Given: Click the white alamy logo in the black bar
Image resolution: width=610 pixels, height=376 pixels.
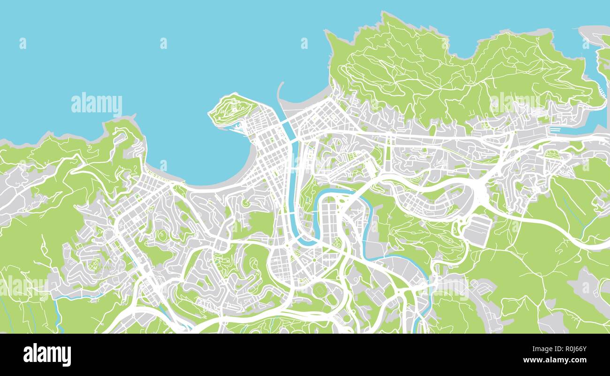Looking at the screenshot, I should [47, 355].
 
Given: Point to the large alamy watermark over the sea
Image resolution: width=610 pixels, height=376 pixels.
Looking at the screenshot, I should [97, 104].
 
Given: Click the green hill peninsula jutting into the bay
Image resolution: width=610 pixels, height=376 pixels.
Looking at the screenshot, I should [231, 109].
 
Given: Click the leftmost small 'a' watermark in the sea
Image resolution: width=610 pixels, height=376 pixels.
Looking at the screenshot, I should [23, 43].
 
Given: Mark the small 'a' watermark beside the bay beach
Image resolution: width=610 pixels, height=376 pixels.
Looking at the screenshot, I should [163, 165].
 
